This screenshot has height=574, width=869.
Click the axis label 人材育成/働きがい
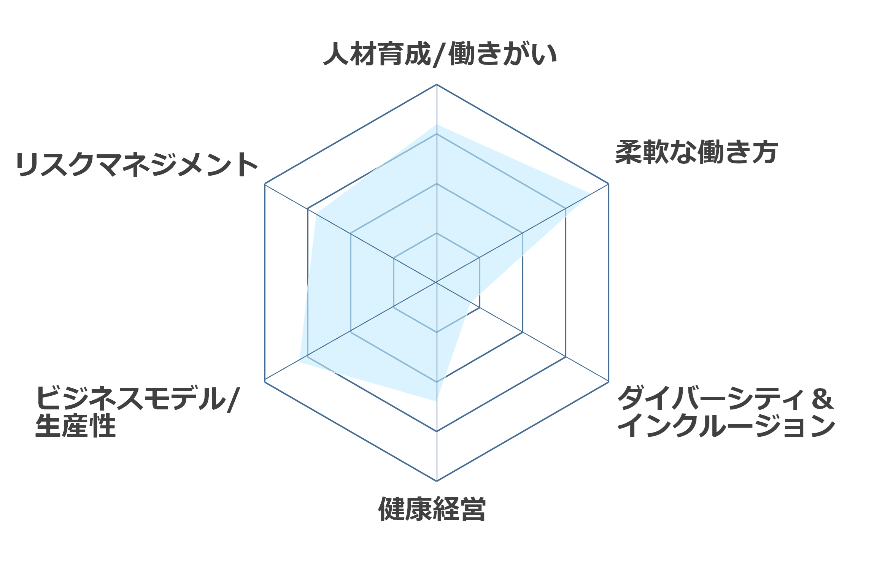[440, 54]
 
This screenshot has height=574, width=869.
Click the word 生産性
[75, 426]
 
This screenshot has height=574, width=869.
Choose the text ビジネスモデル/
[138, 398]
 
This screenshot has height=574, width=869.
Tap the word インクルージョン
[726, 426]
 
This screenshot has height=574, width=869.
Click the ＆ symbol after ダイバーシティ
[823, 399]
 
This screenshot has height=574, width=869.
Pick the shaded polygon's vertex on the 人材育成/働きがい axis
[437, 125]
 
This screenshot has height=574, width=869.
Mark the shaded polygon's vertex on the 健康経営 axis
[437, 401]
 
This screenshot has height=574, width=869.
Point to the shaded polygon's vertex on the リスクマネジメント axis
[316, 214]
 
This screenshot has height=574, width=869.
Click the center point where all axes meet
[437, 282]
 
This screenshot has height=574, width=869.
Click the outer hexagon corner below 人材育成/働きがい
[437, 84]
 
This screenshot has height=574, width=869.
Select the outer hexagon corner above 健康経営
[437, 481]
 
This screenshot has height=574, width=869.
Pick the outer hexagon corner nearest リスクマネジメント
[265, 184]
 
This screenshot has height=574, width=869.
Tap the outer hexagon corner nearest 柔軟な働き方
[608, 184]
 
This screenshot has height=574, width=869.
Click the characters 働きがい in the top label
[503, 54]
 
